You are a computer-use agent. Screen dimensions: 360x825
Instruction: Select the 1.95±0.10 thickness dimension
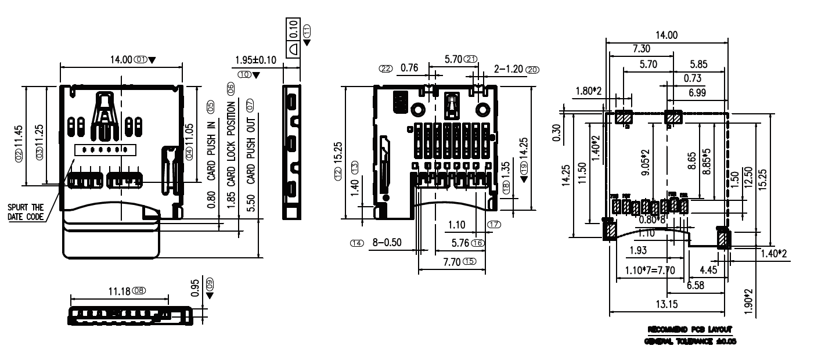[x=255, y=60]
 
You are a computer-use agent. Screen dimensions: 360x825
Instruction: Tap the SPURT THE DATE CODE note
[x=26, y=212]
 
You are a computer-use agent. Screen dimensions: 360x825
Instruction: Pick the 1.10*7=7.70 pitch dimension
[x=650, y=271]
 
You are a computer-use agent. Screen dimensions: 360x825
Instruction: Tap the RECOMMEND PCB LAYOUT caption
[x=689, y=329]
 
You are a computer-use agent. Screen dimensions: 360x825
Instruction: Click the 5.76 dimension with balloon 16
[x=461, y=242]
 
